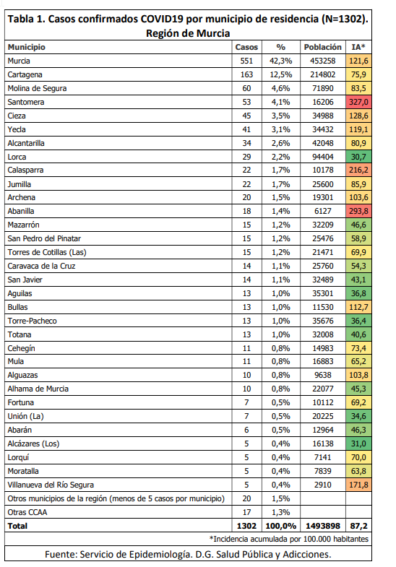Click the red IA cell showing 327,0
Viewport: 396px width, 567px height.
click(358, 102)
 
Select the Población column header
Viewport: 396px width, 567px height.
click(322, 47)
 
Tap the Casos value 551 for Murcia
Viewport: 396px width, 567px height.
click(246, 61)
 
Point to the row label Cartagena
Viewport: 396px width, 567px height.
click(25, 75)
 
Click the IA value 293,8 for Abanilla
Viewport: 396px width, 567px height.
click(358, 211)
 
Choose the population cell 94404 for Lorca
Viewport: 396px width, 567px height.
click(322, 157)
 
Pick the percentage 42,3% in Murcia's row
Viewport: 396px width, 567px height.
click(280, 61)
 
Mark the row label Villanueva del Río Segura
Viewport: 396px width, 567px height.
click(51, 485)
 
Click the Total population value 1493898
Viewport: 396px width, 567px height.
click(322, 526)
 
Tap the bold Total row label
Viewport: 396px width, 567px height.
click(17, 526)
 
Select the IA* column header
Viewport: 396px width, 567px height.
click(358, 47)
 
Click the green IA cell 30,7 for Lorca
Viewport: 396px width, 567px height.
click(358, 157)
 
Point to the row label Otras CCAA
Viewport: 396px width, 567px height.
click(27, 512)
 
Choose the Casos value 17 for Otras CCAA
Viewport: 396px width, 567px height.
click(246, 512)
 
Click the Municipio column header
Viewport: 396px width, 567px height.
click(27, 47)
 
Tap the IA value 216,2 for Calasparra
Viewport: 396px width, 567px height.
click(358, 170)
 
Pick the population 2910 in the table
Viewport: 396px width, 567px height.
click(322, 485)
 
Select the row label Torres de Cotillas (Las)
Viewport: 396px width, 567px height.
click(47, 252)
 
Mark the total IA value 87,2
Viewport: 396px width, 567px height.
click(358, 526)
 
